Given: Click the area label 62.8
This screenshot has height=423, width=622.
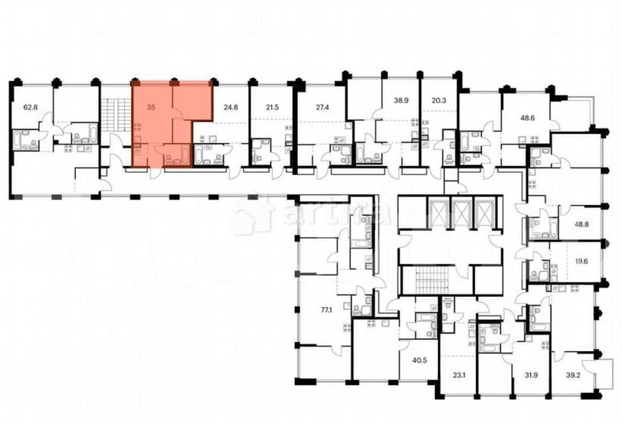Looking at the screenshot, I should [31, 107].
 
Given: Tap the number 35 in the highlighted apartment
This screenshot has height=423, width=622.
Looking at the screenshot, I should [151, 107].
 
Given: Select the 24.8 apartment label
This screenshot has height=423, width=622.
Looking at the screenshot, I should [231, 107].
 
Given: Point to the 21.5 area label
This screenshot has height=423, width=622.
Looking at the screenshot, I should [272, 107].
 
